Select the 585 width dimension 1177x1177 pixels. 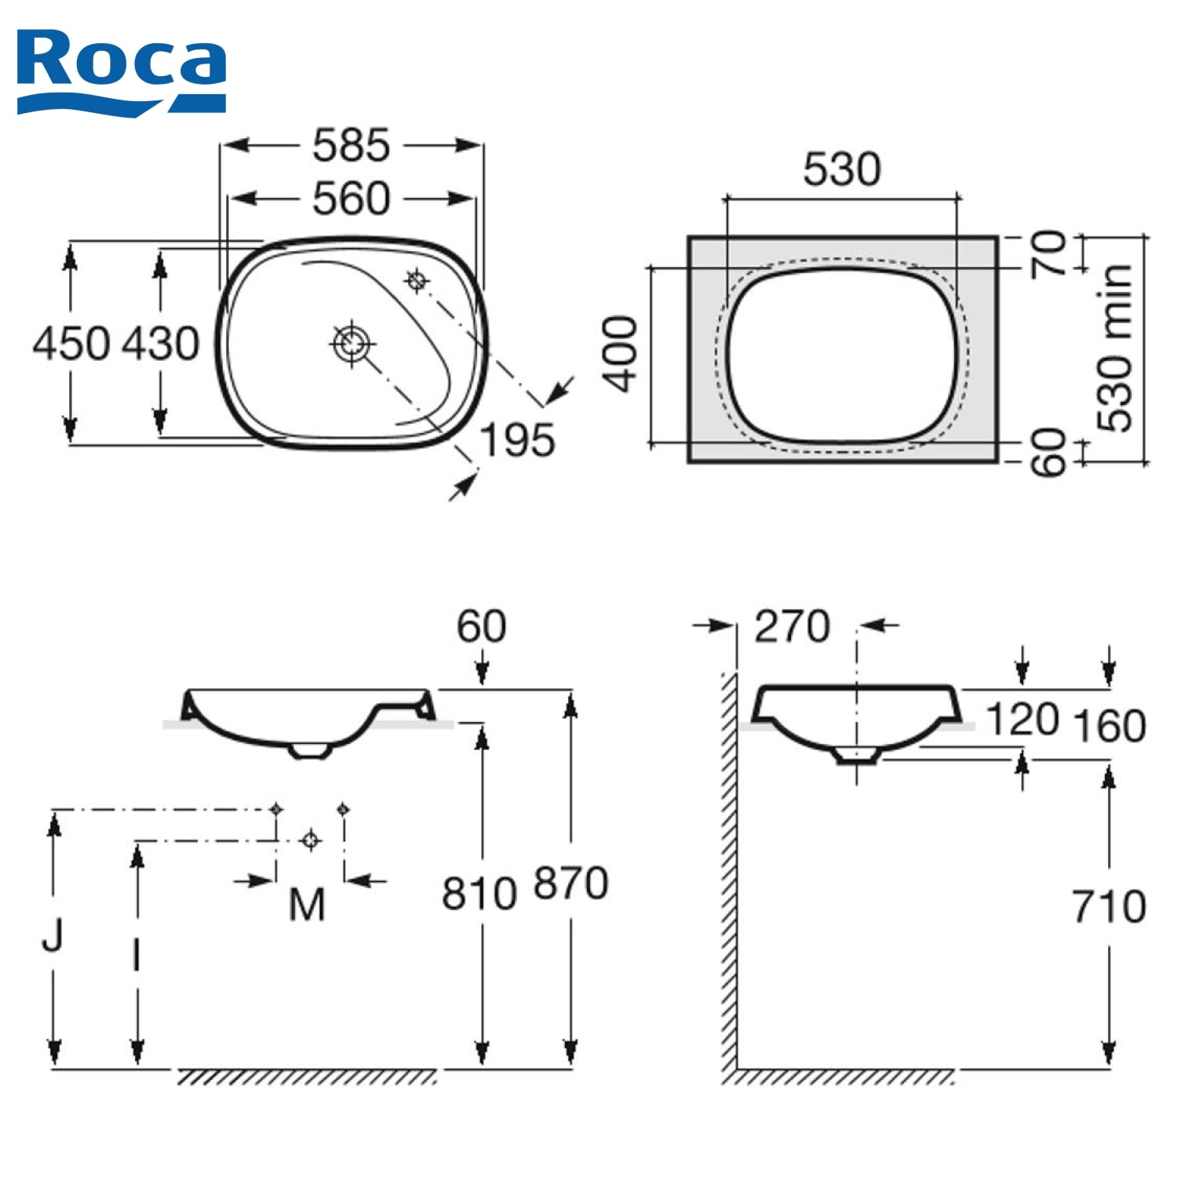tap(351, 145)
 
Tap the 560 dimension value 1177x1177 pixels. tap(351, 199)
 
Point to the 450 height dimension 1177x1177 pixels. tap(71, 344)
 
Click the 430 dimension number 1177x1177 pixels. tap(161, 344)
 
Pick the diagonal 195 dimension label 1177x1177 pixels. tap(517, 440)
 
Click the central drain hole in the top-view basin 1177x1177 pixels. tap(351, 343)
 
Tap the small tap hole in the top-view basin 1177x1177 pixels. tap(416, 279)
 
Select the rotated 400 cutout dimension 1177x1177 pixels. tap(621, 353)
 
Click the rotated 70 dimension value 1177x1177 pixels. tap(1049, 253)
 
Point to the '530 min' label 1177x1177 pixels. tap(1115, 348)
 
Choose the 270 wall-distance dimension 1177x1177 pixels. tap(792, 626)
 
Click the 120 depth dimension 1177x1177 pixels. tap(1022, 720)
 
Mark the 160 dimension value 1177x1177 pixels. tap(1109, 726)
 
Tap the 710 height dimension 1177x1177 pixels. tap(1109, 906)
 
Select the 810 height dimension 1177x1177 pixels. tap(479, 893)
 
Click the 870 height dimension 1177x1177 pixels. tap(570, 883)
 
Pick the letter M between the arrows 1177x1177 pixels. tap(307, 905)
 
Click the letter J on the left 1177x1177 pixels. tap(53, 935)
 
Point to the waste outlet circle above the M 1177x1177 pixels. tap(311, 840)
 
